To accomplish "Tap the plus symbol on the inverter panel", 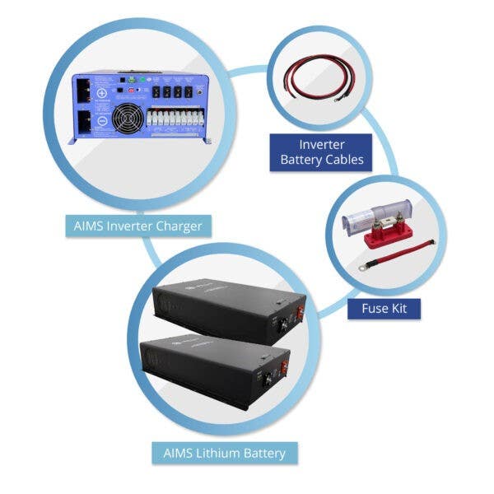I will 101,92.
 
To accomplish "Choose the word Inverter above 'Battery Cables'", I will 317,145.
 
